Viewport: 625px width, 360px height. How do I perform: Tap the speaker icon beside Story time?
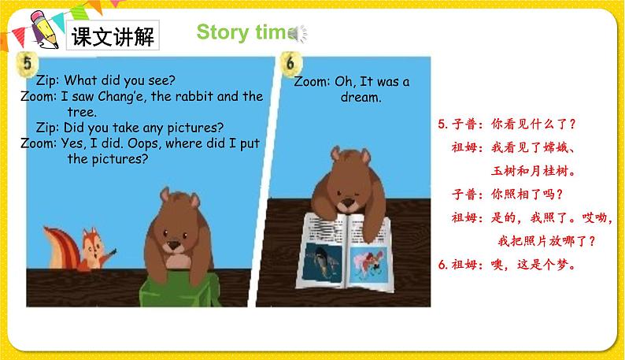click(298, 33)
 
